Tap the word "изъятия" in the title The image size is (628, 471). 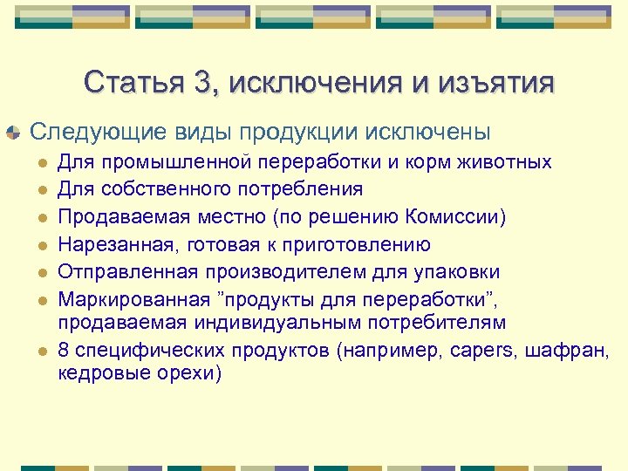click(x=504, y=84)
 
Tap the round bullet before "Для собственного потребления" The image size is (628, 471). click(x=39, y=189)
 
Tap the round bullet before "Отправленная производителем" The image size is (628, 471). click(x=39, y=273)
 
